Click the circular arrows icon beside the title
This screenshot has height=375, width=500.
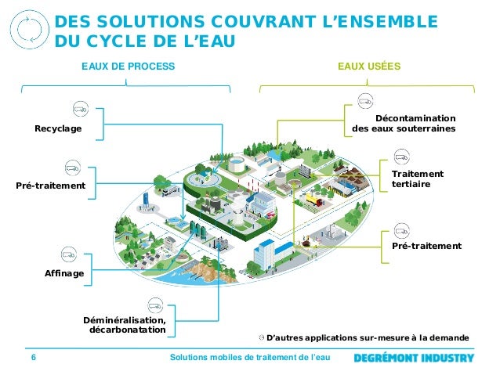[x=28, y=28]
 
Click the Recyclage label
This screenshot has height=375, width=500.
[x=58, y=128]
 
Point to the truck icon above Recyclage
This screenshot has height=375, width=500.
[x=81, y=108]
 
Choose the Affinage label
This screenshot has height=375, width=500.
[x=64, y=272]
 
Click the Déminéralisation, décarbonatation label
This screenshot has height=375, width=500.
[x=125, y=325]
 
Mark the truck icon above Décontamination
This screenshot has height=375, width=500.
[x=364, y=100]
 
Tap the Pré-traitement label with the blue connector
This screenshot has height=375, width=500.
[x=50, y=186]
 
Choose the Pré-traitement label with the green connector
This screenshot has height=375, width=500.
[x=426, y=246]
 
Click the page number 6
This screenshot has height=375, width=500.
[x=34, y=358]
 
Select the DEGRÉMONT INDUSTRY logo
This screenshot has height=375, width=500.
[x=414, y=358]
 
